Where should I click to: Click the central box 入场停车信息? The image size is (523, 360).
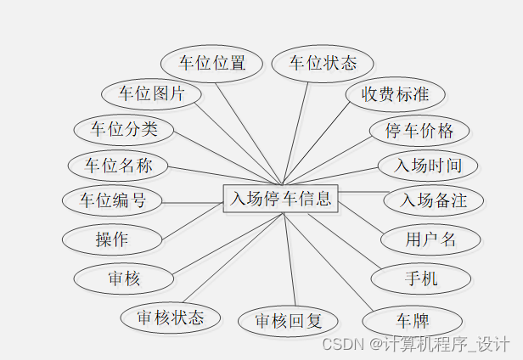(x=280, y=199)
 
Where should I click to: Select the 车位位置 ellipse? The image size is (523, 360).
(x=211, y=63)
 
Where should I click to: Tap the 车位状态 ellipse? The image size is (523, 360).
(x=323, y=63)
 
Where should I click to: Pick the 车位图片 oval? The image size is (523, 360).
(x=151, y=93)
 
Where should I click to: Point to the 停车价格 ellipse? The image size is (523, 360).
(x=419, y=131)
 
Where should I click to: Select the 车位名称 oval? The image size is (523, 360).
(x=118, y=165)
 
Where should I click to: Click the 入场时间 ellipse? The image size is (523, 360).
(x=428, y=165)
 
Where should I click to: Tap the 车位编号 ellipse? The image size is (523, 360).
(x=112, y=201)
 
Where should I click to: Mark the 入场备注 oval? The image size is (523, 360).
(x=435, y=201)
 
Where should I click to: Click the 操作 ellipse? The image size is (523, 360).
(x=112, y=239)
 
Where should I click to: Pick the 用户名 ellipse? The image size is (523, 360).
(x=430, y=239)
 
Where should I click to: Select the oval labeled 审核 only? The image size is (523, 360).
(x=124, y=278)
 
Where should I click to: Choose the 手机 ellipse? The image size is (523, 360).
(x=421, y=278)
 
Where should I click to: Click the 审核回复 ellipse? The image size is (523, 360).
(x=290, y=321)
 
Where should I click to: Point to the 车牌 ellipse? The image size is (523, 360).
(x=412, y=322)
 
